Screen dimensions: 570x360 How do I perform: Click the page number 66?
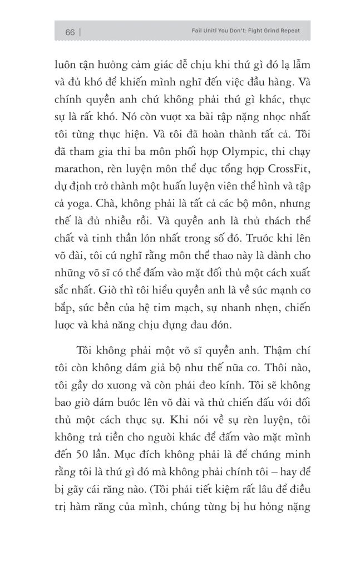point(70,32)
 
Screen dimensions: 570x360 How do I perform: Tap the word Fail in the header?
point(190,31)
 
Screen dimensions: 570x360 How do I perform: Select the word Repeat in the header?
point(288,31)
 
